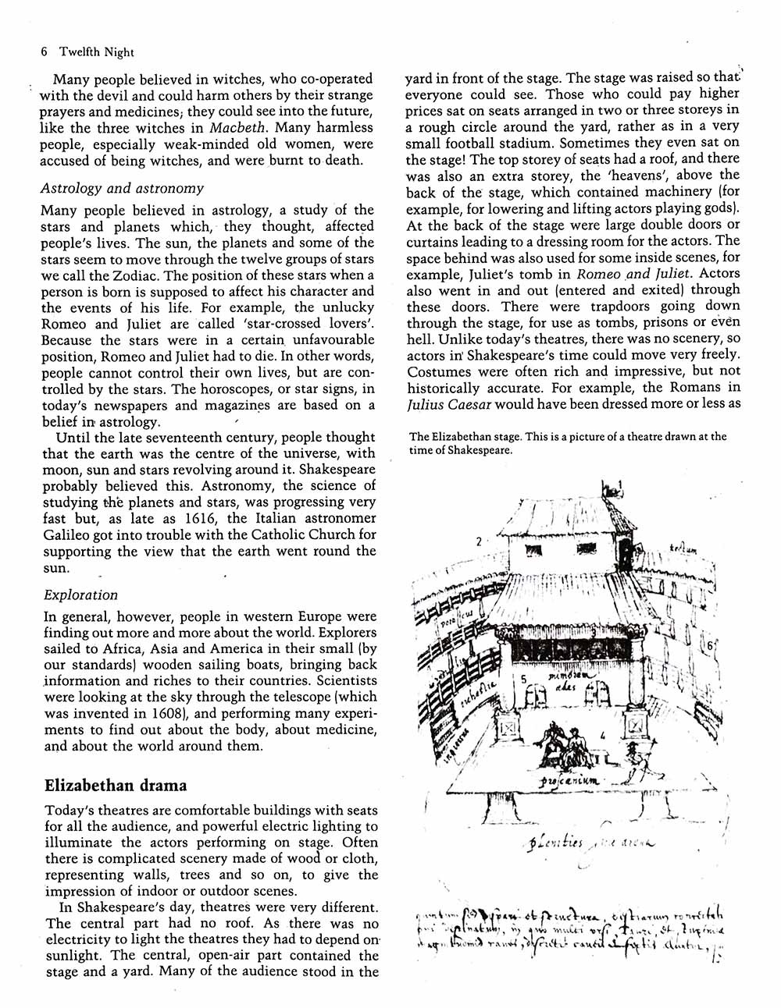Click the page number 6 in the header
[45, 52]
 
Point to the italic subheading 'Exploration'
[81, 595]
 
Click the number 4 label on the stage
[604, 734]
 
